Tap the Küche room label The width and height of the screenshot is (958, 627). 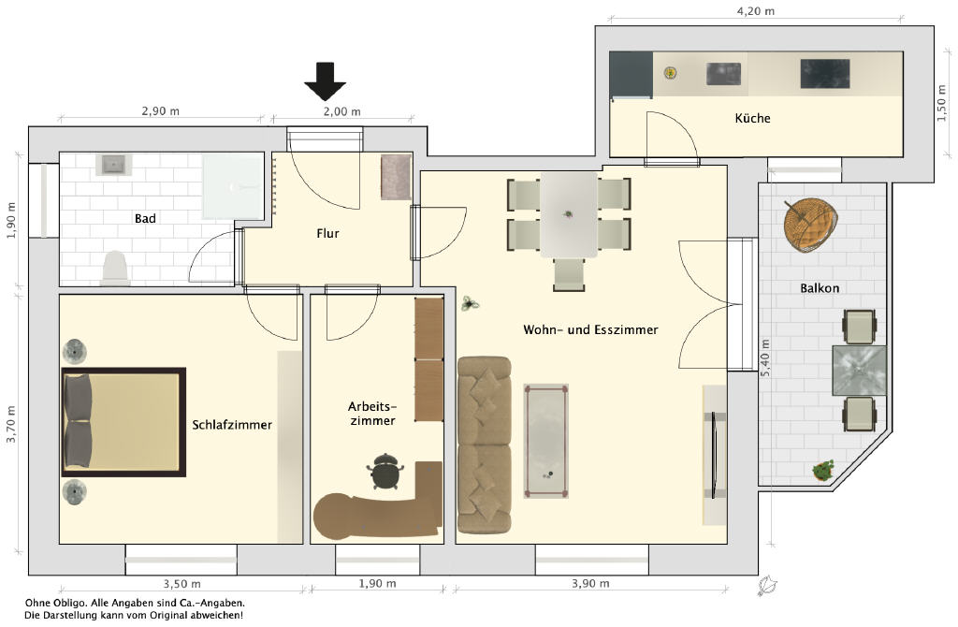tap(752, 118)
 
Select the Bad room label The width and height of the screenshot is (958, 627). tap(145, 218)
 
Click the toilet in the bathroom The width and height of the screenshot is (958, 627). tap(115, 269)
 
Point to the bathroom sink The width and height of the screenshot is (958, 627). tap(113, 165)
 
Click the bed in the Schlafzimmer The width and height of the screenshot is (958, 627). tap(123, 422)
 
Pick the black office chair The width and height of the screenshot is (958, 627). tap(385, 471)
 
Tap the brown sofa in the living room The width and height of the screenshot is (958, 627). tap(484, 445)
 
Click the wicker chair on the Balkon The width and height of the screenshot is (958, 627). tap(811, 226)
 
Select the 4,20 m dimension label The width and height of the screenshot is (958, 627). tap(756, 11)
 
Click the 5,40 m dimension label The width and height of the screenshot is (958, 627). tap(765, 357)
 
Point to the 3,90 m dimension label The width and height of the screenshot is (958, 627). tap(590, 583)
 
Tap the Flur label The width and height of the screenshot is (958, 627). tap(327, 233)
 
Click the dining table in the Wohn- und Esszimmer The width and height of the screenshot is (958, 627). tap(569, 214)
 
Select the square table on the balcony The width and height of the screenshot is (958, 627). tap(859, 371)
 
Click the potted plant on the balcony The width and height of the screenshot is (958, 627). tap(823, 470)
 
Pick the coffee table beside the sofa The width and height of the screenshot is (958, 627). tap(546, 441)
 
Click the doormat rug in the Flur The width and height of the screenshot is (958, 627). tap(396, 177)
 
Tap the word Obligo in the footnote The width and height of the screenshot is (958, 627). tap(66, 604)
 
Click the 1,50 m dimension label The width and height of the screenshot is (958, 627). tap(941, 103)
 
